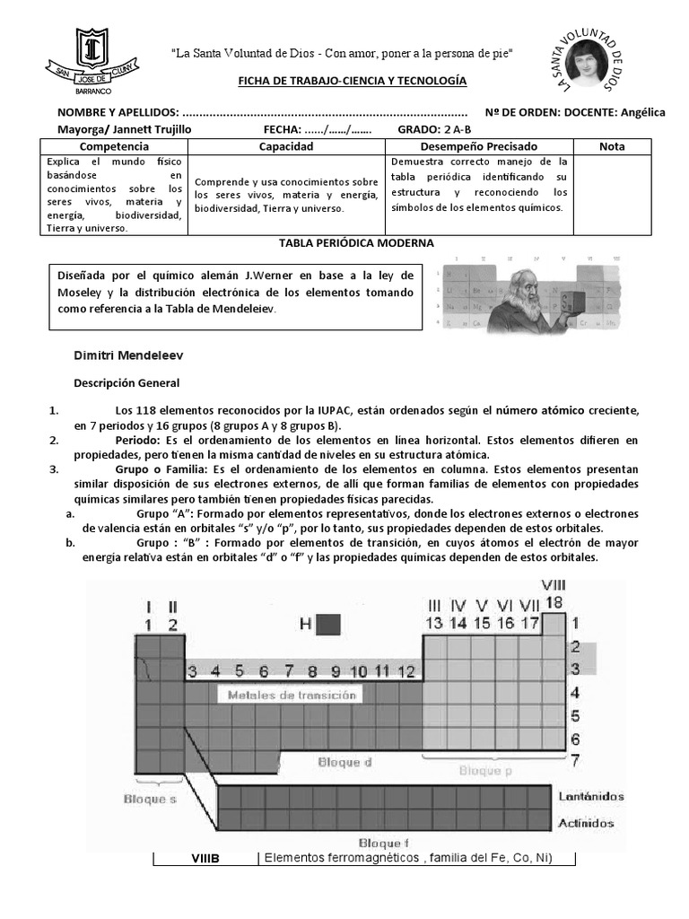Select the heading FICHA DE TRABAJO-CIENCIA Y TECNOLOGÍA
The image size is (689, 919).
tap(352, 81)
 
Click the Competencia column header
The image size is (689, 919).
tap(115, 145)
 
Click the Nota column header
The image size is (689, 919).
tap(612, 145)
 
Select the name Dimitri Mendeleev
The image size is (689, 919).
tap(128, 355)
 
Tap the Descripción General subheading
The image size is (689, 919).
tap(126, 382)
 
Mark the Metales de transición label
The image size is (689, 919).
tap(292, 695)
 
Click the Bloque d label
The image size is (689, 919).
tap(344, 762)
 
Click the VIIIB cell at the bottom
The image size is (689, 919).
tap(205, 859)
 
